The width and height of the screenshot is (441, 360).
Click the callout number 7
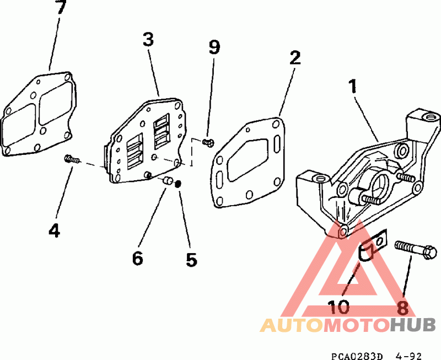tap(61, 7)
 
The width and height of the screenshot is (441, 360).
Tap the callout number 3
tap(148, 39)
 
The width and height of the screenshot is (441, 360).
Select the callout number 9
tap(214, 47)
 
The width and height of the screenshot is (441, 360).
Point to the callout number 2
tap(295, 58)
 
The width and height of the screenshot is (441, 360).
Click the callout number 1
tap(352, 86)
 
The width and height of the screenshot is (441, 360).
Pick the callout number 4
tap(54, 230)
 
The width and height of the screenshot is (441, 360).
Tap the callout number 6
tap(137, 258)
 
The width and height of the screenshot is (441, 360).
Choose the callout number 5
tap(191, 259)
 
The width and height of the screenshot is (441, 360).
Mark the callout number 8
tap(403, 308)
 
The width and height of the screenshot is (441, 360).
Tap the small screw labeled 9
tap(208, 143)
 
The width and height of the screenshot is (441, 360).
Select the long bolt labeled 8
tap(416, 249)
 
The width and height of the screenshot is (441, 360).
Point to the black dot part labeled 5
tap(178, 184)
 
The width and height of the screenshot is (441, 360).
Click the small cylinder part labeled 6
tap(168, 180)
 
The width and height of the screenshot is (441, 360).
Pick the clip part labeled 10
tap(373, 245)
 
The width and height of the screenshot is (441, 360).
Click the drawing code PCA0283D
tap(357, 356)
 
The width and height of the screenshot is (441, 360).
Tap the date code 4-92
tap(408, 356)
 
